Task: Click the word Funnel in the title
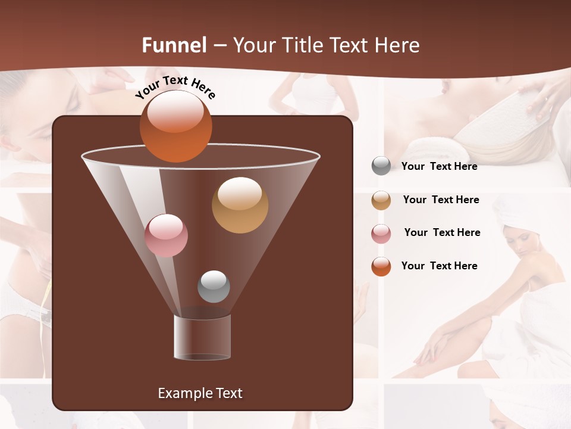(x=174, y=45)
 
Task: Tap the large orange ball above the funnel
(x=175, y=126)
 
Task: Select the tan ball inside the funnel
(x=240, y=205)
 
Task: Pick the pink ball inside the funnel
(x=166, y=235)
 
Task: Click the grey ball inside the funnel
(x=214, y=286)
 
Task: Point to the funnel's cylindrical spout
(x=202, y=337)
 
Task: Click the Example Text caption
(x=200, y=393)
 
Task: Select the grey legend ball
(x=381, y=166)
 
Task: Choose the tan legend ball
(x=381, y=200)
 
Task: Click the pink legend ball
(x=381, y=233)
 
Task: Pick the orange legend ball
(x=381, y=266)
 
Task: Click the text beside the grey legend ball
(x=439, y=166)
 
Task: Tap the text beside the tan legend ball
(x=441, y=200)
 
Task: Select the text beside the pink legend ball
(x=442, y=232)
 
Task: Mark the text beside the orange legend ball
(x=439, y=266)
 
